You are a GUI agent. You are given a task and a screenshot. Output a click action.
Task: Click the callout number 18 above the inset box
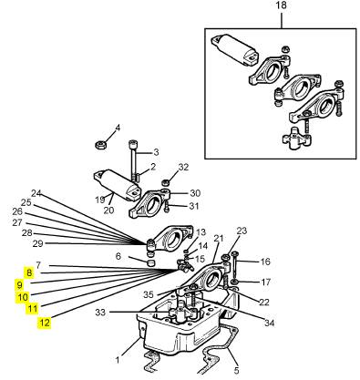(282, 6)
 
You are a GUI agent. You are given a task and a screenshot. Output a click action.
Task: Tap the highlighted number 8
(29, 272)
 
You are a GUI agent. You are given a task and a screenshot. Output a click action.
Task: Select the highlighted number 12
(45, 323)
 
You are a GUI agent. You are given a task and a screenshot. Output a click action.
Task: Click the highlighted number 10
(22, 297)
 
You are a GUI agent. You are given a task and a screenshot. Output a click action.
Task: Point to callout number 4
(118, 128)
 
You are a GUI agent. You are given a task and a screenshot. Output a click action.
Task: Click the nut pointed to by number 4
(99, 144)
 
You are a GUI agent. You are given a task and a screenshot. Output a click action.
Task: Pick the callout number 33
(100, 312)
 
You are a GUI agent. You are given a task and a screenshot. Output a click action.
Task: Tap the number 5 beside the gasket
(236, 371)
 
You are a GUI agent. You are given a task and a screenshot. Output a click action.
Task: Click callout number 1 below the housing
(118, 360)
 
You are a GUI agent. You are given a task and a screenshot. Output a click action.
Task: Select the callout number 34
(269, 323)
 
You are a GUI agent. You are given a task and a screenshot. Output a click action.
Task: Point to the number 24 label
(36, 193)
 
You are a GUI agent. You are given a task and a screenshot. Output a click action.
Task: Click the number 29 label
(37, 243)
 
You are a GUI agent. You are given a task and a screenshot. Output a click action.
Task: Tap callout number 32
(183, 167)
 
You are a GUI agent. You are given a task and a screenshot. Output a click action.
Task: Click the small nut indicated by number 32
(165, 183)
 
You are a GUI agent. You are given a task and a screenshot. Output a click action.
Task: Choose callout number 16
(265, 262)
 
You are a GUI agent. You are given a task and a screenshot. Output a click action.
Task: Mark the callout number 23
(242, 231)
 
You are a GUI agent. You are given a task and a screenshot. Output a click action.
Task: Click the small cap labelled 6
(151, 262)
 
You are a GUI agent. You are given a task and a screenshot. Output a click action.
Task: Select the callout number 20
(108, 211)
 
